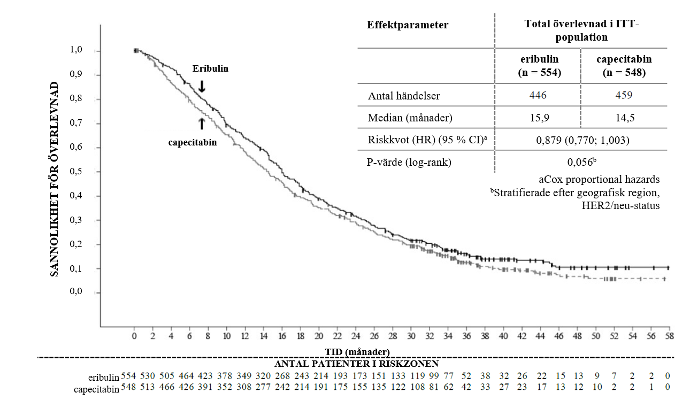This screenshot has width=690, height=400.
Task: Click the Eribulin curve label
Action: [211, 69]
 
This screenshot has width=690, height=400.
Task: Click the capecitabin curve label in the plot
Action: [193, 143]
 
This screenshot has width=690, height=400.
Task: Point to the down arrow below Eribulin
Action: [202, 86]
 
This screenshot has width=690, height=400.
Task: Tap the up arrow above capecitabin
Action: [202, 124]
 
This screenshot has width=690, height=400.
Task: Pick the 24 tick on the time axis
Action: [356, 336]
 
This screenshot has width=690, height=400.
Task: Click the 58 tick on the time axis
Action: [669, 336]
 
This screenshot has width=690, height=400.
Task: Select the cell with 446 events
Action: [538, 96]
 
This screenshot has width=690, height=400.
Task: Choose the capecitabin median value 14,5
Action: [624, 118]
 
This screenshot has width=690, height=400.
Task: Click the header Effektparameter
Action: [408, 25]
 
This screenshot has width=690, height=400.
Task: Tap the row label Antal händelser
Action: [404, 96]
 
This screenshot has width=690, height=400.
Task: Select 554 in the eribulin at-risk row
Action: [129, 376]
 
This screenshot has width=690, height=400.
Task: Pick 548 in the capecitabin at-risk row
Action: [129, 388]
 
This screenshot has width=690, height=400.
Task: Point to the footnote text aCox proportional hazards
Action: [600, 179]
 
